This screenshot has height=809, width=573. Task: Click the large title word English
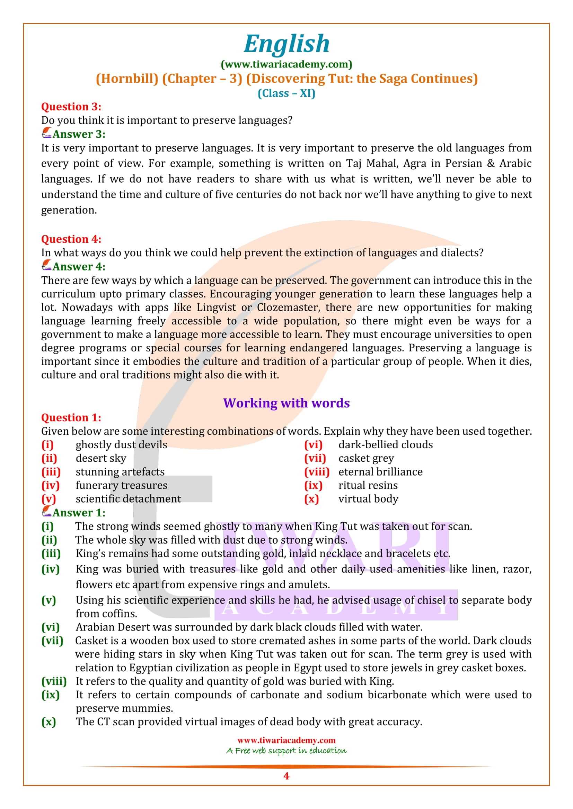click(x=286, y=44)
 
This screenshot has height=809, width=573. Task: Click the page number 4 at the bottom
click(x=286, y=776)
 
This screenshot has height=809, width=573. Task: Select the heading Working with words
click(x=286, y=403)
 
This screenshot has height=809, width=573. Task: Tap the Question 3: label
click(x=71, y=107)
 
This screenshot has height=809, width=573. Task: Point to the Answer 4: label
click(x=79, y=267)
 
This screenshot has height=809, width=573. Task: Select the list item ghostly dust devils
click(x=121, y=445)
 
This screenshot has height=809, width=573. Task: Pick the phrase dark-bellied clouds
click(x=385, y=445)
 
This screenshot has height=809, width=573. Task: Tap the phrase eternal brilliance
click(x=380, y=472)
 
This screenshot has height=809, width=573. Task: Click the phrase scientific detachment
click(x=128, y=499)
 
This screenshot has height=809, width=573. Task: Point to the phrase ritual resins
click(x=368, y=486)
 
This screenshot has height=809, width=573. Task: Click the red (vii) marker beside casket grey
click(x=315, y=458)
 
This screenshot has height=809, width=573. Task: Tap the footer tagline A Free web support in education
click(x=286, y=751)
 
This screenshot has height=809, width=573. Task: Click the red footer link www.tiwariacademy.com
click(x=286, y=740)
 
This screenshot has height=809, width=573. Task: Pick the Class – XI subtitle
click(x=286, y=93)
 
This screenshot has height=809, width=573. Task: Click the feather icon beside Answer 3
click(x=46, y=134)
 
